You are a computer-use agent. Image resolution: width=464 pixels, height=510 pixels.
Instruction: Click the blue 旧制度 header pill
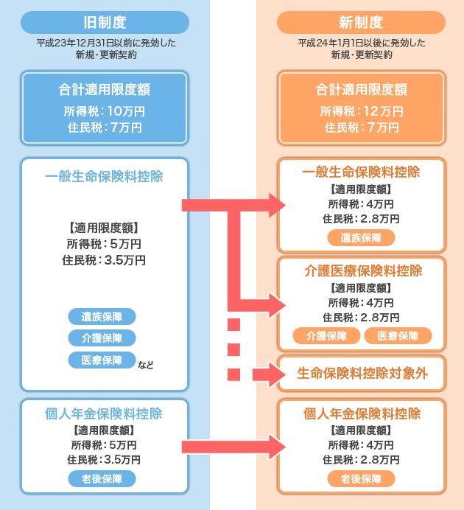(x=105, y=22)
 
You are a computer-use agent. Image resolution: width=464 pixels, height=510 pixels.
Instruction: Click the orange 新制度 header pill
(x=361, y=22)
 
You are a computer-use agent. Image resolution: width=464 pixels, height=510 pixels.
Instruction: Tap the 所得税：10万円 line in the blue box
(x=105, y=111)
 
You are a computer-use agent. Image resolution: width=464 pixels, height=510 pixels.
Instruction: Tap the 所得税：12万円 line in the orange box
(x=361, y=111)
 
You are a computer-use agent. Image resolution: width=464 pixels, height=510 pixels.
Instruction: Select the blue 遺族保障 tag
(x=102, y=317)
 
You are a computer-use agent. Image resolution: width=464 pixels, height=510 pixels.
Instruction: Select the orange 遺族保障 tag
(x=361, y=237)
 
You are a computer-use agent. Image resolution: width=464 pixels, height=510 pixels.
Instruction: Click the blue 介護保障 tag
(x=102, y=338)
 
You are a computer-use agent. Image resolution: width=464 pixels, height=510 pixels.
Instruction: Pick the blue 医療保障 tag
(x=102, y=360)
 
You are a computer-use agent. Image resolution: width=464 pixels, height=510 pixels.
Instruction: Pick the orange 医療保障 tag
(x=398, y=336)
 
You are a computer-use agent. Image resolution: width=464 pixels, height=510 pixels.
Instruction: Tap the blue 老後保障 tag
(x=102, y=479)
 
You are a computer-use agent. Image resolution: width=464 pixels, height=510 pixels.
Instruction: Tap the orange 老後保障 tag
(x=361, y=479)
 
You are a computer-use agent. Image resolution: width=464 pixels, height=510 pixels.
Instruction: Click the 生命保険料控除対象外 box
(x=362, y=374)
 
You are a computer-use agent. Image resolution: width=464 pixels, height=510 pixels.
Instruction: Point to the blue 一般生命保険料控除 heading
(x=104, y=177)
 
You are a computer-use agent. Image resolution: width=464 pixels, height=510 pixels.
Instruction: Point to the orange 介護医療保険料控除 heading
(x=362, y=270)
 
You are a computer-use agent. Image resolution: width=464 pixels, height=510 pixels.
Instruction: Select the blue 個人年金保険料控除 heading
(x=104, y=413)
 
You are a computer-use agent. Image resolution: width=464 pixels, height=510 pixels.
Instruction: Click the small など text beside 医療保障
(x=146, y=364)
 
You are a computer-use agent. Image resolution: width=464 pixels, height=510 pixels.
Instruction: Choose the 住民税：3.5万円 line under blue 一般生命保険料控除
(x=104, y=260)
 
